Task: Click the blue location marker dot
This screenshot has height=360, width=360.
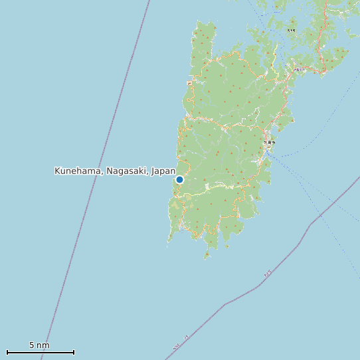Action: pos(179,179)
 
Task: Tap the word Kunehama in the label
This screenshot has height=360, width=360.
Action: pos(76,171)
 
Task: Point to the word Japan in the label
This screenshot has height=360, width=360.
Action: pos(163,171)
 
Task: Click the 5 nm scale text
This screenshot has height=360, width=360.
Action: pos(39,345)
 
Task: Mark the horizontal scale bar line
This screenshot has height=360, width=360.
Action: pos(40,352)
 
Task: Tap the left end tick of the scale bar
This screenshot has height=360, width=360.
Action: pos(7,352)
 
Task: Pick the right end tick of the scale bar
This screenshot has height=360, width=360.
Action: pos(74,352)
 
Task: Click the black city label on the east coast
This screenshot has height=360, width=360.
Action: pos(269,142)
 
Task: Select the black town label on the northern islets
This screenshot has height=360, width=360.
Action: pos(292,30)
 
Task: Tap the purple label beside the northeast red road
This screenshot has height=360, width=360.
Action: pos(300,69)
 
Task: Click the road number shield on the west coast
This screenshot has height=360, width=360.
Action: pos(189,83)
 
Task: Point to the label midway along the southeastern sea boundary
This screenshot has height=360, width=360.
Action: pos(267,274)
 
